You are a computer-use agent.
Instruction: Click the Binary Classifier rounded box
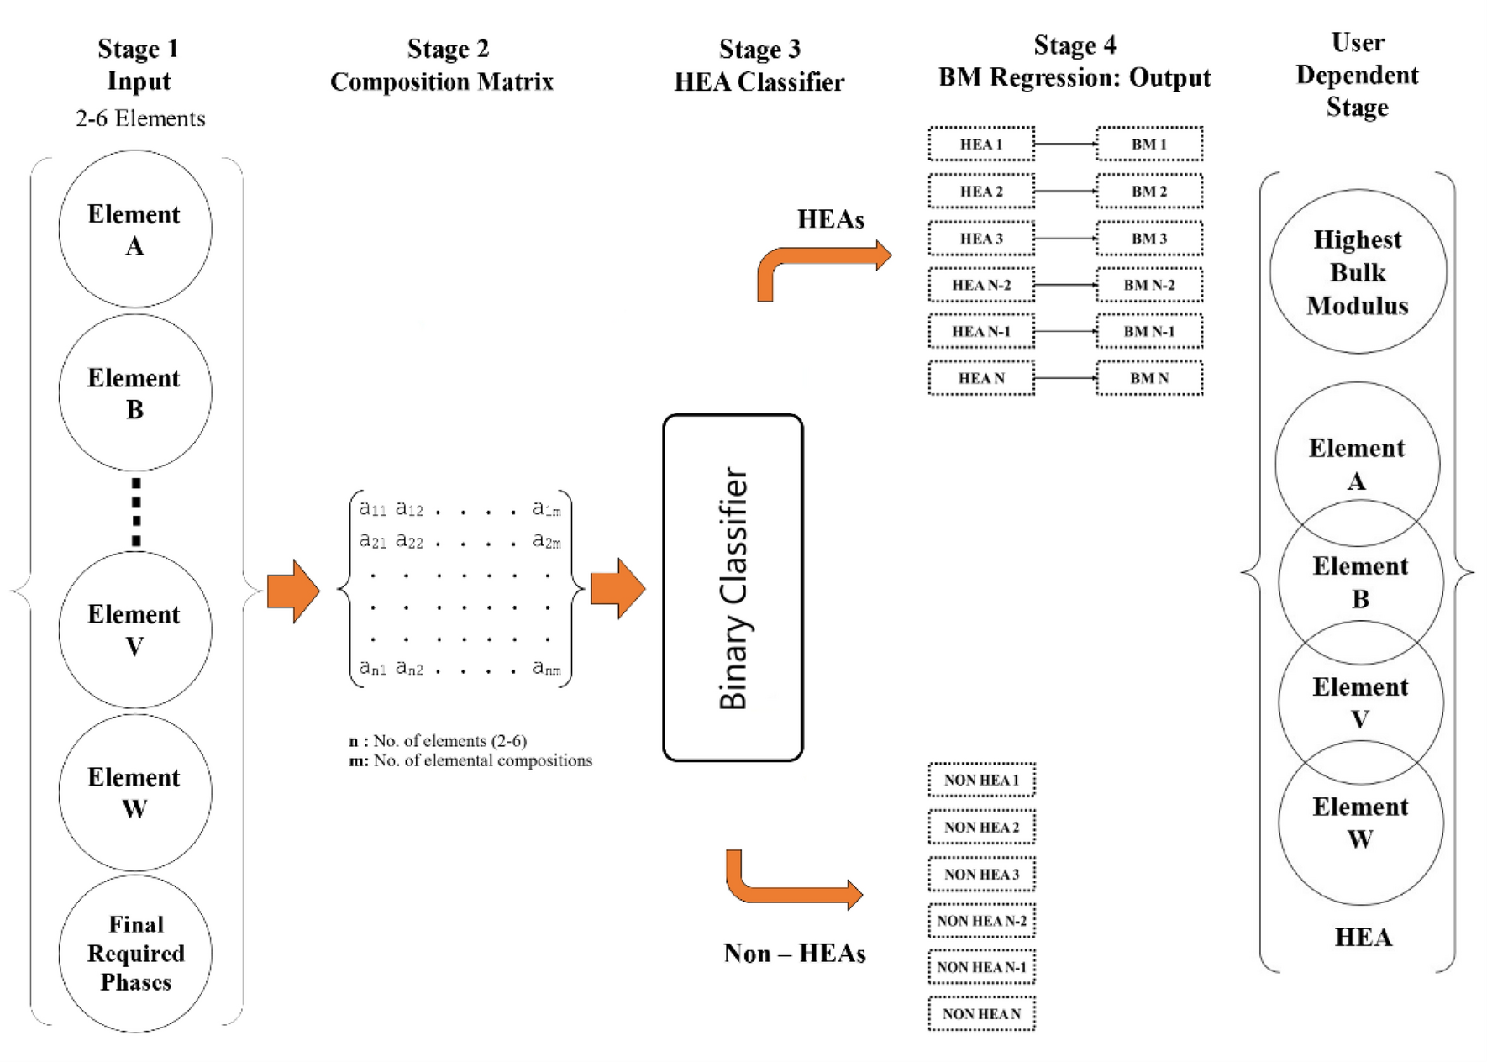point(733,587)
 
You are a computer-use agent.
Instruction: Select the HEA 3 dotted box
point(980,239)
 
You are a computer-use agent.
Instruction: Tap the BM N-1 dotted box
point(1148,331)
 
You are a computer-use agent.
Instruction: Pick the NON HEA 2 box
point(980,827)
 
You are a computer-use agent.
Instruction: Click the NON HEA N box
point(980,1014)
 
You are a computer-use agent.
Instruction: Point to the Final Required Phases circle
point(135,954)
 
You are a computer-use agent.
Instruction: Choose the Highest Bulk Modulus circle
point(1357,272)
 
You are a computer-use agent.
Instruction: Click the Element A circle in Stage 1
point(134,229)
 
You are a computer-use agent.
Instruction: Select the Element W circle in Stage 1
point(134,792)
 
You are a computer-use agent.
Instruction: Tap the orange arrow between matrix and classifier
point(617,588)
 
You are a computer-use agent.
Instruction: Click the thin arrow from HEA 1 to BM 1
point(1065,144)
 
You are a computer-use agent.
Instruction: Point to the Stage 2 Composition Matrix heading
point(443,65)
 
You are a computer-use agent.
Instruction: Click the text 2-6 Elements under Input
point(140,118)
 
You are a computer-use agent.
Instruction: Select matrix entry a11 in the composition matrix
point(372,508)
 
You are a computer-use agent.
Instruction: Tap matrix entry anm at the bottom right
point(546,669)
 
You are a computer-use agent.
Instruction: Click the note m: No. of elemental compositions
point(470,760)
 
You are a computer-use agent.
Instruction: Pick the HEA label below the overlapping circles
point(1363,937)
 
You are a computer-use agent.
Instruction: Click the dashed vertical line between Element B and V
point(136,513)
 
